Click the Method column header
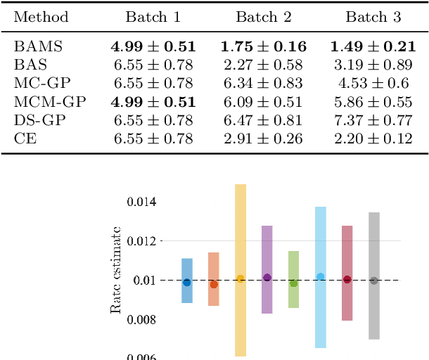point(41,17)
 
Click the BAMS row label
point(38,47)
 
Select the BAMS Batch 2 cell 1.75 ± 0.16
point(263,47)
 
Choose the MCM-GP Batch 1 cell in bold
point(153,102)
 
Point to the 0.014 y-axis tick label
point(141,202)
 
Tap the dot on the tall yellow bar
point(241,279)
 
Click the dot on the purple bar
point(267,278)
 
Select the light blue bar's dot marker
point(321,277)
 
